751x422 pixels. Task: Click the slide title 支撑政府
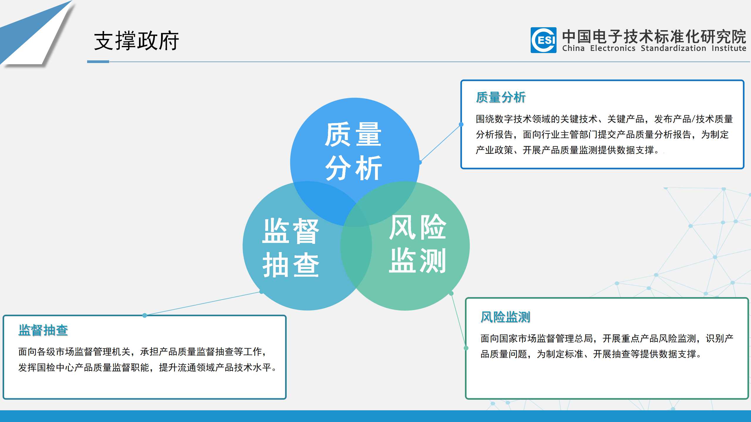point(136,41)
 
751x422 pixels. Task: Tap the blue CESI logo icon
point(543,40)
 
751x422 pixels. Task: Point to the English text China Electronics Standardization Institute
point(654,48)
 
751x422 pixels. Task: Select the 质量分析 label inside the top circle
point(353,151)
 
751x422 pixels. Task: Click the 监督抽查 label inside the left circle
point(291,248)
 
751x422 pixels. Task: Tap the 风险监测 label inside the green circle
point(417,244)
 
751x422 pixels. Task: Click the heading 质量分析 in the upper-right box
point(501,97)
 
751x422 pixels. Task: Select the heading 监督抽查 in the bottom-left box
point(43,330)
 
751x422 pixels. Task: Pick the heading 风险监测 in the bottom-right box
point(505,317)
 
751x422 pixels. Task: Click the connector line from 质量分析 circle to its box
point(441,143)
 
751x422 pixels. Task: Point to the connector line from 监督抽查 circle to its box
point(203,303)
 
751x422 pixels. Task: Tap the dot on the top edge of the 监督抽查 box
point(144,315)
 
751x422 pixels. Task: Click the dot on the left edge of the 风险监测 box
point(466,348)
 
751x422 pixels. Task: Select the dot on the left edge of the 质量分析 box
point(461,124)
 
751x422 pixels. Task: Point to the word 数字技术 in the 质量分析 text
point(513,119)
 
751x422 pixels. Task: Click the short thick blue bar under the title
point(98,62)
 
